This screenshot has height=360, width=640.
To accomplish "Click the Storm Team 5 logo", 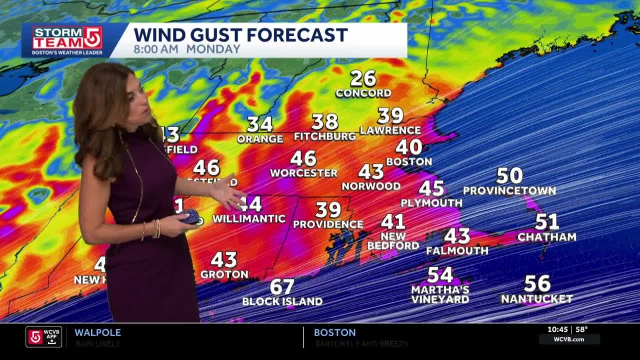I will (x=67, y=40).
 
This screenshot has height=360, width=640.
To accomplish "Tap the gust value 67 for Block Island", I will (x=282, y=287).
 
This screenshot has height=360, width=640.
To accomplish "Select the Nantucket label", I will (x=536, y=299).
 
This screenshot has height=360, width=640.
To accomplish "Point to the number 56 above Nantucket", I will (x=537, y=284).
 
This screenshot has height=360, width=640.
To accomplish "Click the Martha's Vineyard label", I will (x=440, y=294).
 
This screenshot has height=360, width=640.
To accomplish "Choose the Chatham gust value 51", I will (x=546, y=221).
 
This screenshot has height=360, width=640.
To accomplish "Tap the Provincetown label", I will (x=509, y=190).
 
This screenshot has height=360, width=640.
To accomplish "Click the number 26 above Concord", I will (x=362, y=78).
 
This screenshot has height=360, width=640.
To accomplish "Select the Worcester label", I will (x=303, y=173).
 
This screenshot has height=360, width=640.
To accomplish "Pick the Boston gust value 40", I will (x=408, y=147).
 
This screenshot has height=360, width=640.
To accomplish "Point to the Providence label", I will (x=328, y=224).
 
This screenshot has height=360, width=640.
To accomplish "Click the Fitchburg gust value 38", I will (x=324, y=121).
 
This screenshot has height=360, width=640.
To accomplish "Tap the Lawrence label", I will (x=390, y=130).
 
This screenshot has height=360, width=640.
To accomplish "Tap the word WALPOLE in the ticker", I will (x=97, y=332).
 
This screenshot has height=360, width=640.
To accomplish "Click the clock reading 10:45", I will (x=557, y=329).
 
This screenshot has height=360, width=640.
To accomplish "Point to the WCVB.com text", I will (x=569, y=339).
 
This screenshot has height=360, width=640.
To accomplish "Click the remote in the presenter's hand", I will (x=190, y=216).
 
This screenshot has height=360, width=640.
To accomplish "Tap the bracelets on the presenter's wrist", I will (x=155, y=228).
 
